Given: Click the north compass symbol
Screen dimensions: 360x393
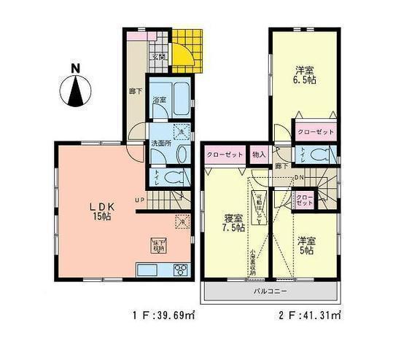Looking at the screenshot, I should (75, 87).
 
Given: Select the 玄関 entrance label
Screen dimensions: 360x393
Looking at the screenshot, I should (157, 56).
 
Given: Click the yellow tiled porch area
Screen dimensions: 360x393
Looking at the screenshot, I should (186, 47).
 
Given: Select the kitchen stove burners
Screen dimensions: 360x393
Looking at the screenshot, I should (179, 270).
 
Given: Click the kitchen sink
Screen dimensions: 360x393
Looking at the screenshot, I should (147, 270).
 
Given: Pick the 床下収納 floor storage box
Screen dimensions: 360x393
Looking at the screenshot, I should (157, 245).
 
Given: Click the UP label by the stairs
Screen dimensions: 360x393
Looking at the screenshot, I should (139, 200).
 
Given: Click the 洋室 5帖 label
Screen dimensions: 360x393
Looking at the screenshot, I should (305, 245).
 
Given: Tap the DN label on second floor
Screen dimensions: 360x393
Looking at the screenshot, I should (298, 176).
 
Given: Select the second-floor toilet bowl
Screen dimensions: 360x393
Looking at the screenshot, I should (319, 154).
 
